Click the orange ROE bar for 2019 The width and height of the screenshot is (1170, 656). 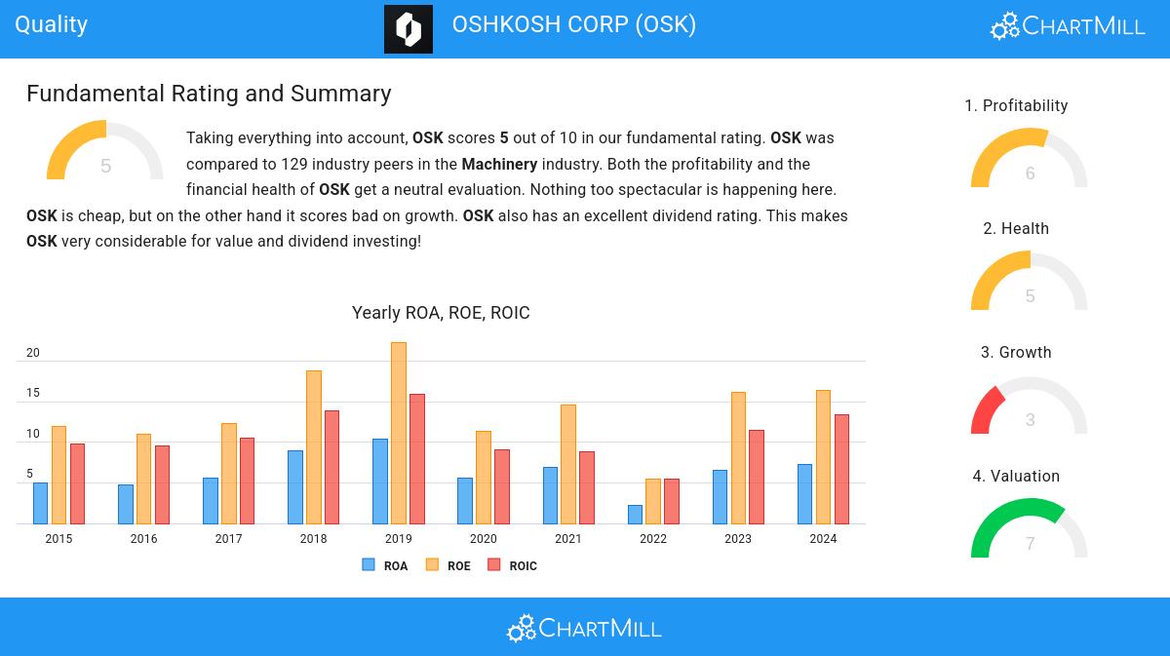click(399, 433)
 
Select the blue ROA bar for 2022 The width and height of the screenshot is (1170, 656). click(635, 515)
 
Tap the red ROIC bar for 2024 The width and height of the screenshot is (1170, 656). click(841, 469)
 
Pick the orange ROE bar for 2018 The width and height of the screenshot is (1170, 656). click(314, 446)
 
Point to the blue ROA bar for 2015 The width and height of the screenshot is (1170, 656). click(40, 503)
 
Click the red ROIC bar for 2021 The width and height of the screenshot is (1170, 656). click(587, 487)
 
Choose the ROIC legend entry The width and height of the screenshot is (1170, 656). click(513, 565)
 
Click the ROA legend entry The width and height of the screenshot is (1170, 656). click(385, 565)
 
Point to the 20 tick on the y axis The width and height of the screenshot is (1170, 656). click(33, 353)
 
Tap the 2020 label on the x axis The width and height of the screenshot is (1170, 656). click(483, 539)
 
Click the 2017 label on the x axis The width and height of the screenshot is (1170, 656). click(228, 539)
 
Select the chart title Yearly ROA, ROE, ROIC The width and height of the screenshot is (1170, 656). click(441, 313)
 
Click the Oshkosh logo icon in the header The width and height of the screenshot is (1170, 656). click(409, 29)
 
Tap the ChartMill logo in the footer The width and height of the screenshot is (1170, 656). click(584, 629)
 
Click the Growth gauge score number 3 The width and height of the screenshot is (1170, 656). click(1031, 420)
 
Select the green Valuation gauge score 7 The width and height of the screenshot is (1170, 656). click(1031, 544)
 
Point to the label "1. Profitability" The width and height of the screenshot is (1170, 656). click(1016, 105)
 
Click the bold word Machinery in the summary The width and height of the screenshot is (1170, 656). click(499, 164)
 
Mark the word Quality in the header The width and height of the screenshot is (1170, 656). click(52, 24)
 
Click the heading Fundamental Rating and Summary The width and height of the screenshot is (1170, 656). click(209, 94)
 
